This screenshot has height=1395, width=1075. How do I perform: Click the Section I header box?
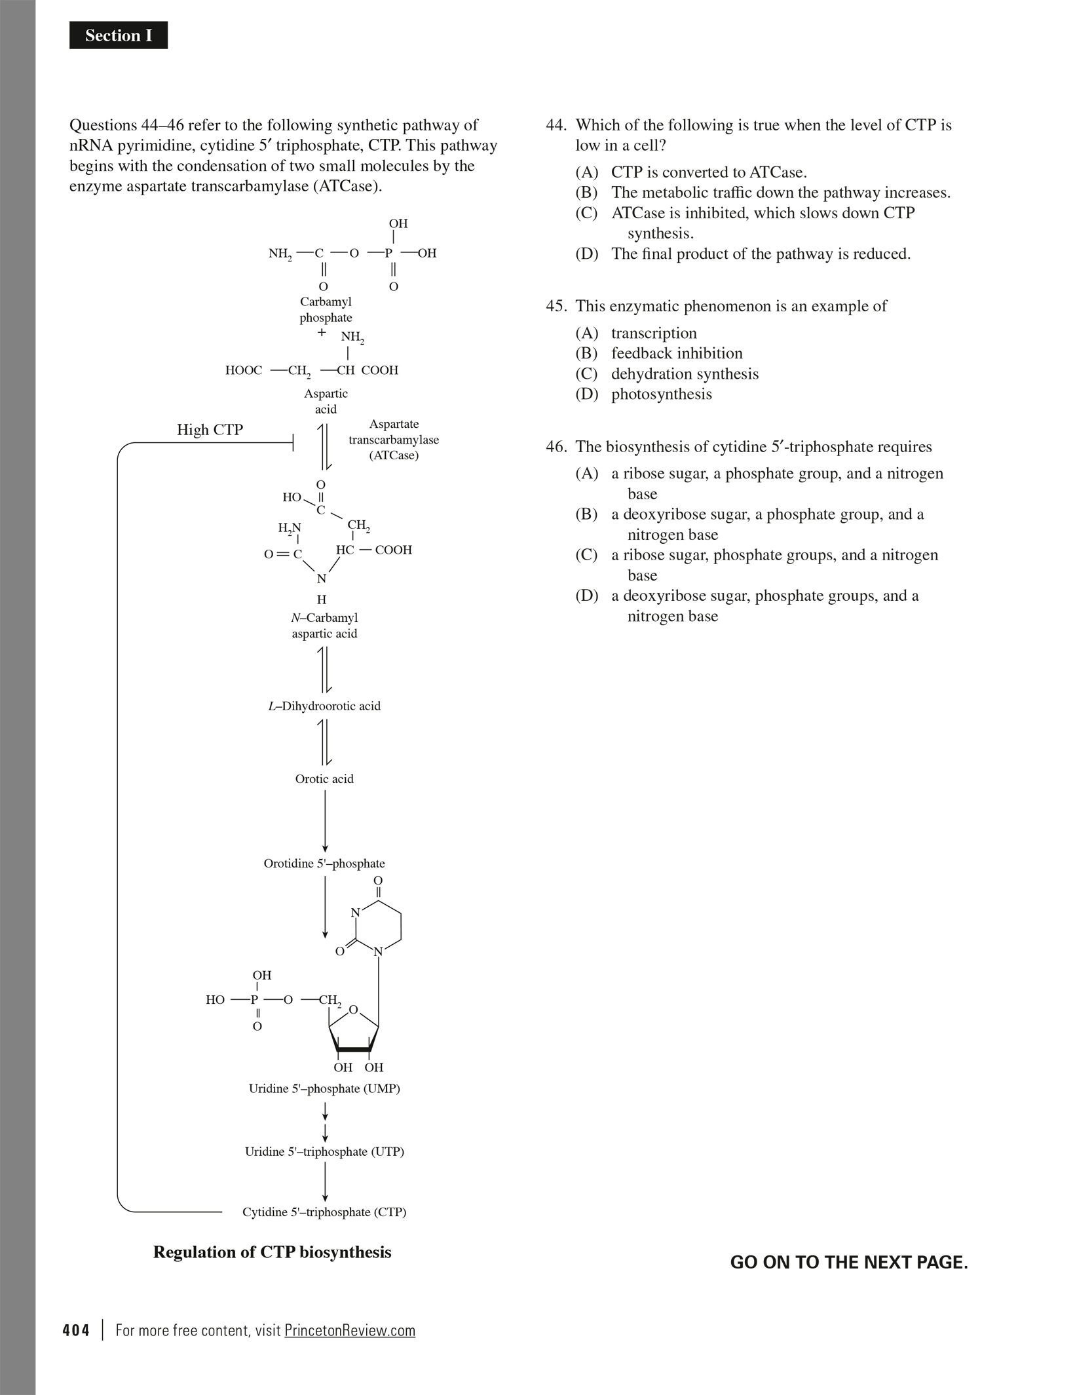pos(119,35)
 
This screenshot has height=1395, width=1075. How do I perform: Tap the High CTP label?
pos(210,430)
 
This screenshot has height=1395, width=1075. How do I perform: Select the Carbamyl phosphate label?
pos(326,310)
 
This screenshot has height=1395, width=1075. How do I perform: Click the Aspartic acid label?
pos(326,401)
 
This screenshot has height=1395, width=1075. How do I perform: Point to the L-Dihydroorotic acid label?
pos(324,706)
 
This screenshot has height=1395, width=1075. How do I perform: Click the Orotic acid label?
pos(324,779)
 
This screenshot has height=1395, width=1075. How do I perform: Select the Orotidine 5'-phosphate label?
pos(324,864)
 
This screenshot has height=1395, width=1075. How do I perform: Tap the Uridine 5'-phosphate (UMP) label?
pos(324,1088)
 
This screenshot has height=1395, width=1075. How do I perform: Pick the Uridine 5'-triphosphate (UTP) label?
pos(324,1152)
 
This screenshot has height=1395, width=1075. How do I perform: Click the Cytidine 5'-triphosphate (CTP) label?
pos(324,1212)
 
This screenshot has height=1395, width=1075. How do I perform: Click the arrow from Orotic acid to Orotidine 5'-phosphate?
pos(325,821)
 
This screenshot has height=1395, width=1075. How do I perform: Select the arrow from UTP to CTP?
pos(325,1182)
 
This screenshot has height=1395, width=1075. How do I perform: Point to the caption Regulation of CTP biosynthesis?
pos(272,1252)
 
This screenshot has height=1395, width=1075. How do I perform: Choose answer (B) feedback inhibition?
pos(677,354)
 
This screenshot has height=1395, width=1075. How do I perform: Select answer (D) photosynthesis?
pos(661,394)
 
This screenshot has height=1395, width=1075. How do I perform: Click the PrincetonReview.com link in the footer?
pos(350,1331)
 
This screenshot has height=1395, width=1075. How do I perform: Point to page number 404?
pos(76,1331)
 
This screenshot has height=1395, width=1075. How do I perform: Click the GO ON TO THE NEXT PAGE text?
pos(849,1263)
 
